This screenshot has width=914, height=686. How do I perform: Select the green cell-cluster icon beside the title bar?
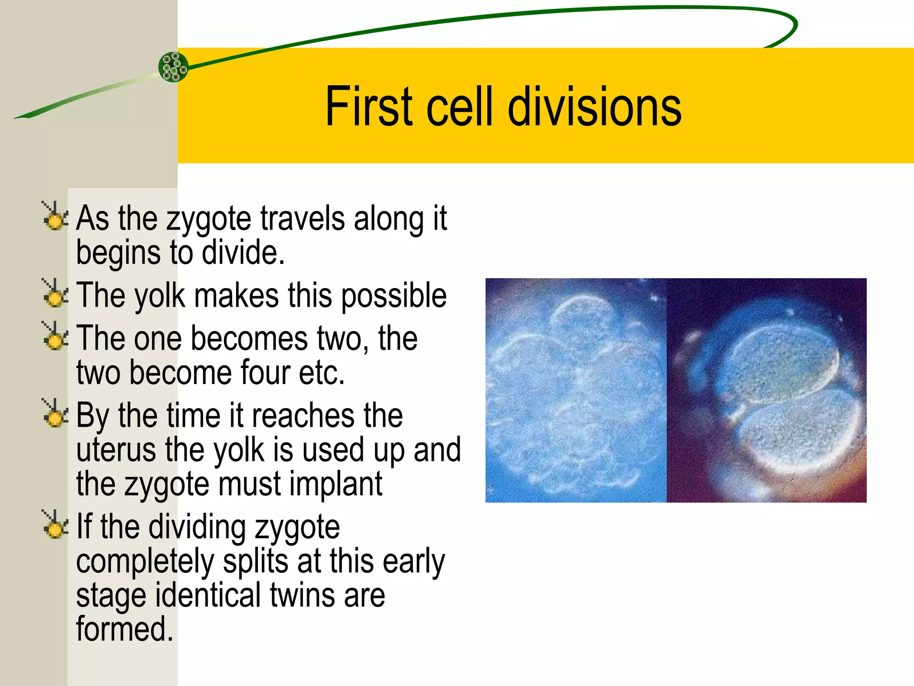pyautogui.click(x=174, y=67)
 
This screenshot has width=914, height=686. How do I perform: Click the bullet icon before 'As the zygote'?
pyautogui.click(x=54, y=216)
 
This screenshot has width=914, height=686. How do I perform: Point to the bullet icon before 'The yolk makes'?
pyautogui.click(x=54, y=293)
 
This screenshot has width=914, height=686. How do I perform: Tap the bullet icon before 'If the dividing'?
pyautogui.click(x=54, y=524)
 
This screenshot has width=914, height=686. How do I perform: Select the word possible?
pyautogui.click(x=394, y=296)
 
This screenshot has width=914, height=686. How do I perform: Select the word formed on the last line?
pyautogui.click(x=124, y=629)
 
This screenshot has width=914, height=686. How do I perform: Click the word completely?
pyautogui.click(x=145, y=562)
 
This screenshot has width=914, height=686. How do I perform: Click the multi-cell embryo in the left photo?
pyautogui.click(x=576, y=393)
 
